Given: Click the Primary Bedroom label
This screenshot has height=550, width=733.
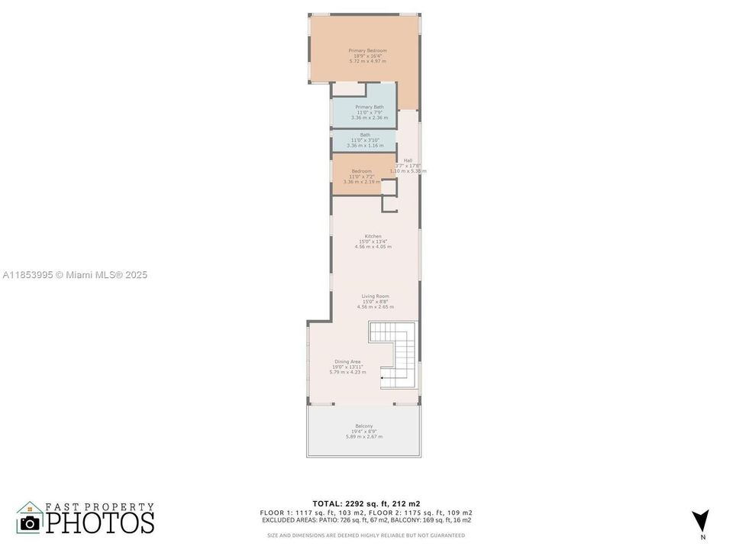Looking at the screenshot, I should (x=366, y=50).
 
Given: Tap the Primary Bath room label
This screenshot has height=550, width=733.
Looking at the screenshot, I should (x=370, y=107).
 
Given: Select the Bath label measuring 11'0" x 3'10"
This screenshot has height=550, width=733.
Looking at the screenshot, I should (x=365, y=134).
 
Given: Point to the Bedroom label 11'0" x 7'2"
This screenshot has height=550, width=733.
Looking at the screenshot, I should (x=361, y=171).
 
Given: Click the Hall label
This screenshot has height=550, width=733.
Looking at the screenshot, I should (x=408, y=160).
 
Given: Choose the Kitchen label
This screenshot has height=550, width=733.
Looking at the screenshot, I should (x=373, y=236).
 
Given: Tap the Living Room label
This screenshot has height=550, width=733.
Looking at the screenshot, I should (x=375, y=296).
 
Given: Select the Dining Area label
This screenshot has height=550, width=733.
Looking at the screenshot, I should (x=347, y=361).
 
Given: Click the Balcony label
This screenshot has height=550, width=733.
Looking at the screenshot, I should (x=363, y=425).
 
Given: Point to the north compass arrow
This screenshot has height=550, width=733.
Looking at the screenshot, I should (x=700, y=520).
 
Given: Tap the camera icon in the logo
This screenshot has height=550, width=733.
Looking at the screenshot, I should (x=31, y=522).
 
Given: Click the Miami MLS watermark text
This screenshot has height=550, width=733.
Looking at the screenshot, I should (x=74, y=275).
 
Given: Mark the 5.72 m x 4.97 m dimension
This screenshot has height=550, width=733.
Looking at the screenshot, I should (x=366, y=60).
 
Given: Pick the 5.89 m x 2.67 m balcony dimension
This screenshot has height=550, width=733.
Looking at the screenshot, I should (x=363, y=436).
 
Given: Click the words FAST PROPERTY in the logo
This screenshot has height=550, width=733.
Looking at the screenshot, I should (x=99, y=506).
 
